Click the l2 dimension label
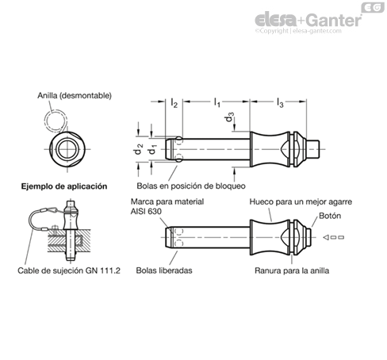point(174,103)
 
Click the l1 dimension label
point(216,102)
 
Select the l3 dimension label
point(280,102)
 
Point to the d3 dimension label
point(229,117)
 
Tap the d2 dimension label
point(138,149)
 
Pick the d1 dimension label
point(151,150)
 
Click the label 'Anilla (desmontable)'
point(75,95)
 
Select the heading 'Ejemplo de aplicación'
point(64,186)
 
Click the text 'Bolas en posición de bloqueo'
point(191,186)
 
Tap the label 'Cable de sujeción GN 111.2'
point(69,270)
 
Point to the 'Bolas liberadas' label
point(164,270)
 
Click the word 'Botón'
point(330,216)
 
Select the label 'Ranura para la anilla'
point(292,270)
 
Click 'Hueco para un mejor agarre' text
point(301,202)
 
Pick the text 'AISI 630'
point(146,212)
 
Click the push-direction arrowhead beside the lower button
point(326,237)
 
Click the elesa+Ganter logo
point(308,20)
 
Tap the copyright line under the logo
point(298,31)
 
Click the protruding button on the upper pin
point(313,149)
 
